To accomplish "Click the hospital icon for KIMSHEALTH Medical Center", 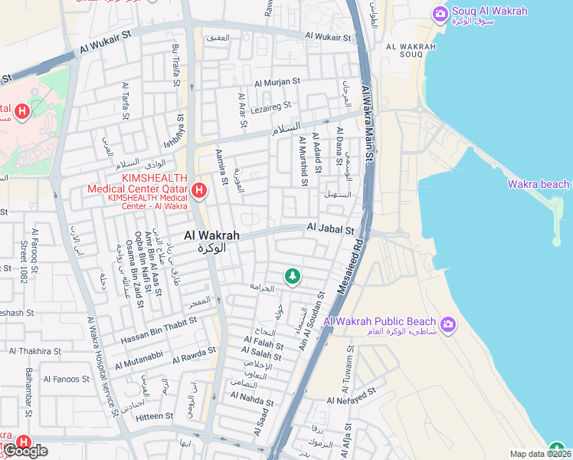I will [x=199, y=190].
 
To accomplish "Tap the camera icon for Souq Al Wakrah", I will [x=440, y=13].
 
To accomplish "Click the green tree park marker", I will [x=291, y=276].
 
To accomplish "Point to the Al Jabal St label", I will [x=330, y=228].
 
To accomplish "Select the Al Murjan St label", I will [x=277, y=81].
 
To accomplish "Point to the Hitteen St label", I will [x=154, y=416].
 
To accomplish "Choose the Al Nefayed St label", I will [x=352, y=396].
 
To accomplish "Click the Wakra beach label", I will [x=539, y=184].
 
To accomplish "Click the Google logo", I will [x=25, y=452].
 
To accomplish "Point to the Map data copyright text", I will [x=541, y=454].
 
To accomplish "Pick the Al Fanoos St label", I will [x=67, y=379].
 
